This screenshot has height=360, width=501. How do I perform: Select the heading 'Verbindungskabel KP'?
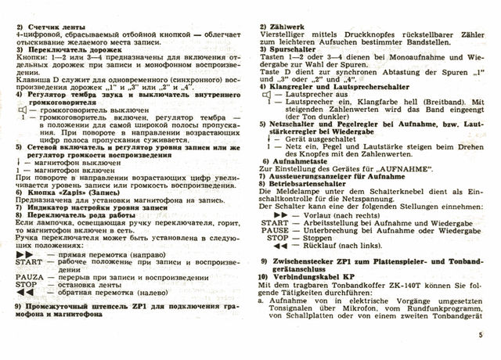314,279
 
